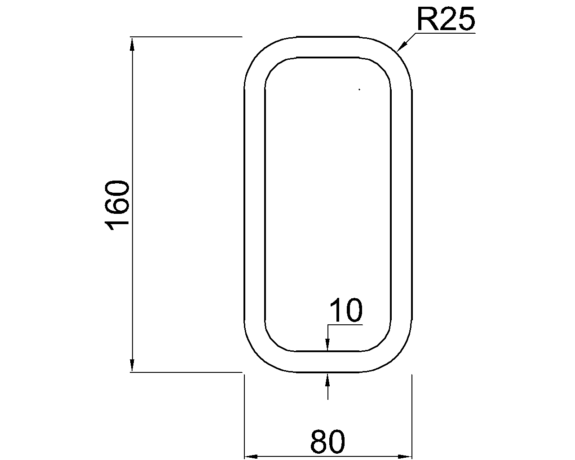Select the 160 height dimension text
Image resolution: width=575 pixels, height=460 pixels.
click(x=117, y=205)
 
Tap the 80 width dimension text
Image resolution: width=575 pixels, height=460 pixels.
click(x=327, y=442)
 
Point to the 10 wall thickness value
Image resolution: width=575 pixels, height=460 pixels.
click(x=346, y=311)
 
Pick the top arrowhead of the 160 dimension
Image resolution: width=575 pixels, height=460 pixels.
click(x=132, y=43)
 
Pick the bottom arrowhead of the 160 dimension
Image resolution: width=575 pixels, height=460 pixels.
click(x=132, y=366)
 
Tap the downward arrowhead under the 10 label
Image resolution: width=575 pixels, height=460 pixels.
click(x=328, y=345)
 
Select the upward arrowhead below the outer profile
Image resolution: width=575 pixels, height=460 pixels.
click(x=328, y=379)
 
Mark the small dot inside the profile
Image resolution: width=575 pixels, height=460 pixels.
click(x=359, y=89)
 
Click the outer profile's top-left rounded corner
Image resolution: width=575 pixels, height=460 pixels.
click(x=258, y=53)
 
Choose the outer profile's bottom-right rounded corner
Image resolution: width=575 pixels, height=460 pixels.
click(x=398, y=357)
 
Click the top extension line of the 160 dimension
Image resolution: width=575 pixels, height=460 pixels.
click(x=186, y=36)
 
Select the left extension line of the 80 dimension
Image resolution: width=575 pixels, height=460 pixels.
click(x=244, y=418)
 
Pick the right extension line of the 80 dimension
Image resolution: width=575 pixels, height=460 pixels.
click(x=412, y=418)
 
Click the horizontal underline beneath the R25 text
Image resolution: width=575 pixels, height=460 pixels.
click(x=445, y=33)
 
